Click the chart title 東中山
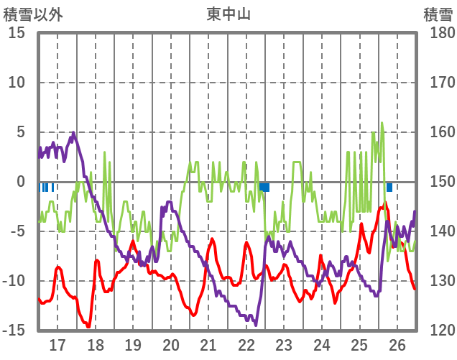click(x=228, y=13)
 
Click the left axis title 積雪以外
click(x=33, y=13)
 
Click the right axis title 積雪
click(x=438, y=13)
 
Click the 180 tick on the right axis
click(x=438, y=33)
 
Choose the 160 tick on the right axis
click(x=438, y=132)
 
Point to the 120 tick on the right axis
click(x=438, y=331)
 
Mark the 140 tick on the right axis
click(x=438, y=231)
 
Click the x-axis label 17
click(x=57, y=344)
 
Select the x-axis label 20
click(x=171, y=344)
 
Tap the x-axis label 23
click(x=284, y=344)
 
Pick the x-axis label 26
click(x=397, y=344)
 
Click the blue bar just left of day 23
click(x=264, y=187)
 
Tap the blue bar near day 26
click(x=389, y=187)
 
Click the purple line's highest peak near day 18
click(x=73, y=133)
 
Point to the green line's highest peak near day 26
click(x=382, y=123)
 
